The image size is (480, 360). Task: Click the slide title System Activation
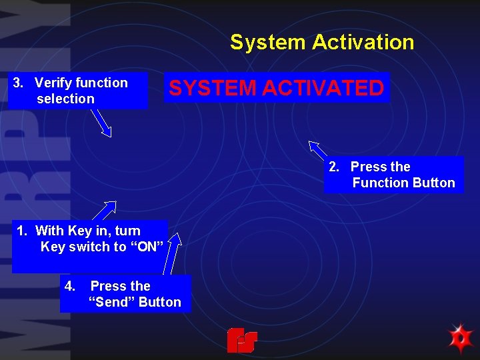(x=322, y=43)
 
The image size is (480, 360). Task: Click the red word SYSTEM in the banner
(x=211, y=88)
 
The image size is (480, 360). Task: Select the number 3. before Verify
(x=19, y=83)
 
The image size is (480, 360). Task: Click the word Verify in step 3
(x=53, y=83)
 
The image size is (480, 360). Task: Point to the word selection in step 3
(x=65, y=99)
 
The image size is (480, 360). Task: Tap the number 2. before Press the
(x=335, y=167)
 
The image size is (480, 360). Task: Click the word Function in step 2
(x=381, y=183)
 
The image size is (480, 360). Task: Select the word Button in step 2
(x=434, y=183)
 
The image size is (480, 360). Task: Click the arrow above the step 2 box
(x=317, y=149)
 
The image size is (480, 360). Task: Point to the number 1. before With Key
(x=23, y=231)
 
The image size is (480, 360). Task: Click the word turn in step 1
(x=127, y=231)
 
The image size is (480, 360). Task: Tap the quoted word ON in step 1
(x=148, y=247)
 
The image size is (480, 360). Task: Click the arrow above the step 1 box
(x=106, y=210)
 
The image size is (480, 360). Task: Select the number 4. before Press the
(x=70, y=286)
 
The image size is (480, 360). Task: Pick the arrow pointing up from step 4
(x=175, y=253)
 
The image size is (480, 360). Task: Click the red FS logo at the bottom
(x=241, y=340)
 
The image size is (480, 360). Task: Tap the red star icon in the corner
(x=460, y=338)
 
